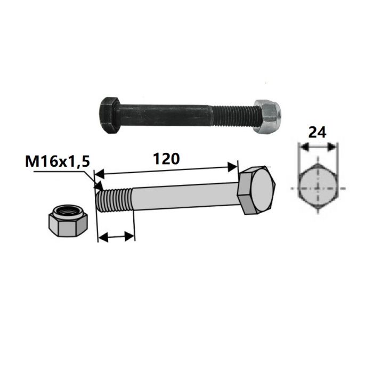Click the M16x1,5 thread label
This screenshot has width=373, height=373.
[x=58, y=161]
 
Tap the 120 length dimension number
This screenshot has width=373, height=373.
[x=166, y=159]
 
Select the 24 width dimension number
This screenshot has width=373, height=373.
[x=317, y=133]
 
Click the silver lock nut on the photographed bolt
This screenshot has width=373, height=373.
[x=267, y=117]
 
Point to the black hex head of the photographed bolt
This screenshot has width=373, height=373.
[x=109, y=116]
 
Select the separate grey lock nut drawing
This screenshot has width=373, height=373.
[x=68, y=220]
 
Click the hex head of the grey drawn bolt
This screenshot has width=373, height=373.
[x=256, y=190]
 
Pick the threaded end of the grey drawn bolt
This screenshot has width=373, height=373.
[x=113, y=200]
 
